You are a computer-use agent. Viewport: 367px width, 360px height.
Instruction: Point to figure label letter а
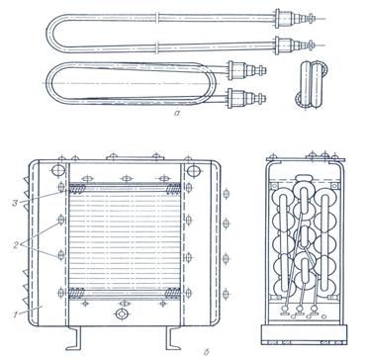[x=177, y=114]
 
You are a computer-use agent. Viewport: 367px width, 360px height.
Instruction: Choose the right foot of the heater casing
[x=172, y=338]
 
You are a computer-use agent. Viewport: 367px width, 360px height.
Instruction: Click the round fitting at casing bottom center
[x=122, y=314]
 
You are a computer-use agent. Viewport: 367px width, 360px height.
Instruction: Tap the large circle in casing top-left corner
[x=58, y=171]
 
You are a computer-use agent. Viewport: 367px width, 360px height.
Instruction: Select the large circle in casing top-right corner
[x=193, y=171]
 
